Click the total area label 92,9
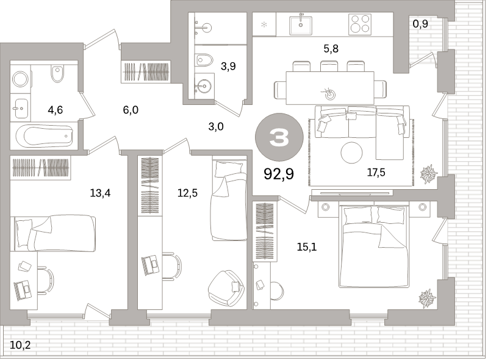pyautogui.click(x=279, y=174)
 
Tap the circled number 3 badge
pyautogui.click(x=279, y=137)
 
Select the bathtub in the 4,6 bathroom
pyautogui.click(x=45, y=136)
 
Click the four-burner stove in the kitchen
pyautogui.click(x=360, y=24)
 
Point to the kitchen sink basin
pyautogui.click(x=301, y=26)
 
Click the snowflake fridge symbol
pyautogui.click(x=264, y=24)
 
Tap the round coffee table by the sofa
pyautogui.click(x=352, y=153)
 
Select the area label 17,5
pyautogui.click(x=376, y=172)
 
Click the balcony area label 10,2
pyautogui.click(x=20, y=345)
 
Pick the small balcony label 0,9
pyautogui.click(x=420, y=24)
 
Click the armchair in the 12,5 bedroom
pyautogui.click(x=226, y=289)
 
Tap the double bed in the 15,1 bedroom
pyautogui.click(x=374, y=246)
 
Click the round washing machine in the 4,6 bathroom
pyautogui.click(x=20, y=79)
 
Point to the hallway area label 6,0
pyautogui.click(x=131, y=110)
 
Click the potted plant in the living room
pyautogui.click(x=429, y=174)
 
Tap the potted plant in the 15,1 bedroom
pyautogui.click(x=428, y=298)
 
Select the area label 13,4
pyautogui.click(x=100, y=193)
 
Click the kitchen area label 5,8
pyautogui.click(x=331, y=49)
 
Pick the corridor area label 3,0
pyautogui.click(x=216, y=126)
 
